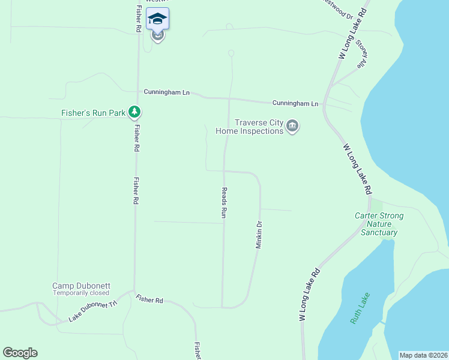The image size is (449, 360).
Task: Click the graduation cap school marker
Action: [157, 19]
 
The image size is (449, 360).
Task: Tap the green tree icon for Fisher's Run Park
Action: [135, 112]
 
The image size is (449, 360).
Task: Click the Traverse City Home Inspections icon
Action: [292, 125]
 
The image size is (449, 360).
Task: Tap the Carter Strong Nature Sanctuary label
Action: [379, 224]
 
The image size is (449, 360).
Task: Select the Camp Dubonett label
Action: [80, 286]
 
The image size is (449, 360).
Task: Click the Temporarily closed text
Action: [80, 293]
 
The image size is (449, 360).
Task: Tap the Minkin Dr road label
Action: [259, 234]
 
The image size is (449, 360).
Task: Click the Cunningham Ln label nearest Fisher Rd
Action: [167, 92]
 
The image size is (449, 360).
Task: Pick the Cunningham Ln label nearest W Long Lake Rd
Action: [295, 103]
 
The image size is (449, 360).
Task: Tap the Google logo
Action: [20, 353]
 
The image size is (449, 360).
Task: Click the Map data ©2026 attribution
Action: [423, 355]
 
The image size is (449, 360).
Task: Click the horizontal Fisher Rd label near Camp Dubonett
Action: [149, 298]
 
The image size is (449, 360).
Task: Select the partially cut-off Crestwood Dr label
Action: [338, 10]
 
